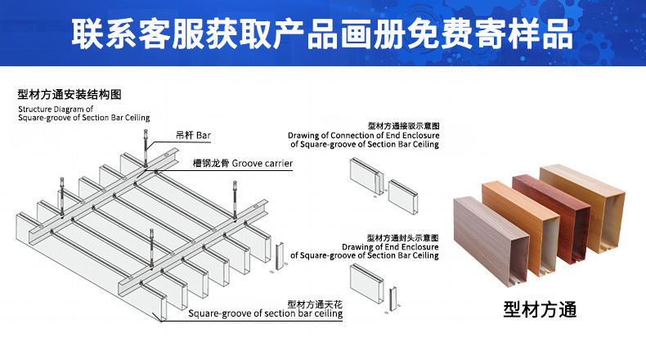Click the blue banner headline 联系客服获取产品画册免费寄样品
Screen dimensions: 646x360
[x=321, y=34]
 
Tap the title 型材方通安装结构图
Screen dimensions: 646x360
[x=70, y=94]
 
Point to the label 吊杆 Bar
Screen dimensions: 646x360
[x=193, y=135]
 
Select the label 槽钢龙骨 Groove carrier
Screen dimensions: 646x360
[x=243, y=164]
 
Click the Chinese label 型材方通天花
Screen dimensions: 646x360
[x=315, y=304]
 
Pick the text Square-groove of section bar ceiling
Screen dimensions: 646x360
[x=265, y=313]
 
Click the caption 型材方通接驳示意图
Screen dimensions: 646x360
[x=404, y=126]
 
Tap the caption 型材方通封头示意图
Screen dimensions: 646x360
[x=402, y=238]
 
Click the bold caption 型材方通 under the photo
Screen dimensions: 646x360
[x=540, y=309]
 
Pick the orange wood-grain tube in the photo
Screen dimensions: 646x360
[x=520, y=227]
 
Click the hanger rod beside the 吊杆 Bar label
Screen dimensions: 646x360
[x=146, y=148]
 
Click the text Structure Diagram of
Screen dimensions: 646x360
[x=56, y=110]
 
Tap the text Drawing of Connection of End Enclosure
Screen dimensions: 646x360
[x=363, y=135]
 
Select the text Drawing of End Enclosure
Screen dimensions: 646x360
[x=390, y=247]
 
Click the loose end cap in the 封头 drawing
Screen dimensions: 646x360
[x=393, y=299]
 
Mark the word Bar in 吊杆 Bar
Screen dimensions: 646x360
[x=204, y=135]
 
